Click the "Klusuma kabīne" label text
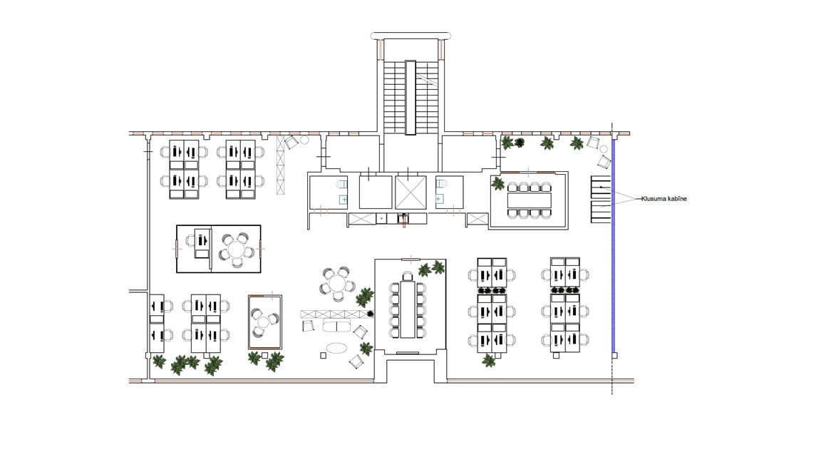click(664, 198)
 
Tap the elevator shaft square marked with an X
click(410, 192)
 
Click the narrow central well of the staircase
click(410, 98)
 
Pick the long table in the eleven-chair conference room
click(408, 309)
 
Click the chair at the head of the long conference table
click(408, 275)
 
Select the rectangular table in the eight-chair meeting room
click(530, 200)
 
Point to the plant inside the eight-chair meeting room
click(497, 183)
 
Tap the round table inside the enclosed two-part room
click(236, 249)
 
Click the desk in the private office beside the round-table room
click(202, 244)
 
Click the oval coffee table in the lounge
click(336, 348)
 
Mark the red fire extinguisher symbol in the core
click(403, 221)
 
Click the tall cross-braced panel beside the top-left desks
click(280, 165)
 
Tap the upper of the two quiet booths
click(601, 188)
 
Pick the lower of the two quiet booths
click(601, 212)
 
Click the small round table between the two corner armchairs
click(604, 149)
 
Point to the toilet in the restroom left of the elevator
click(341, 185)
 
